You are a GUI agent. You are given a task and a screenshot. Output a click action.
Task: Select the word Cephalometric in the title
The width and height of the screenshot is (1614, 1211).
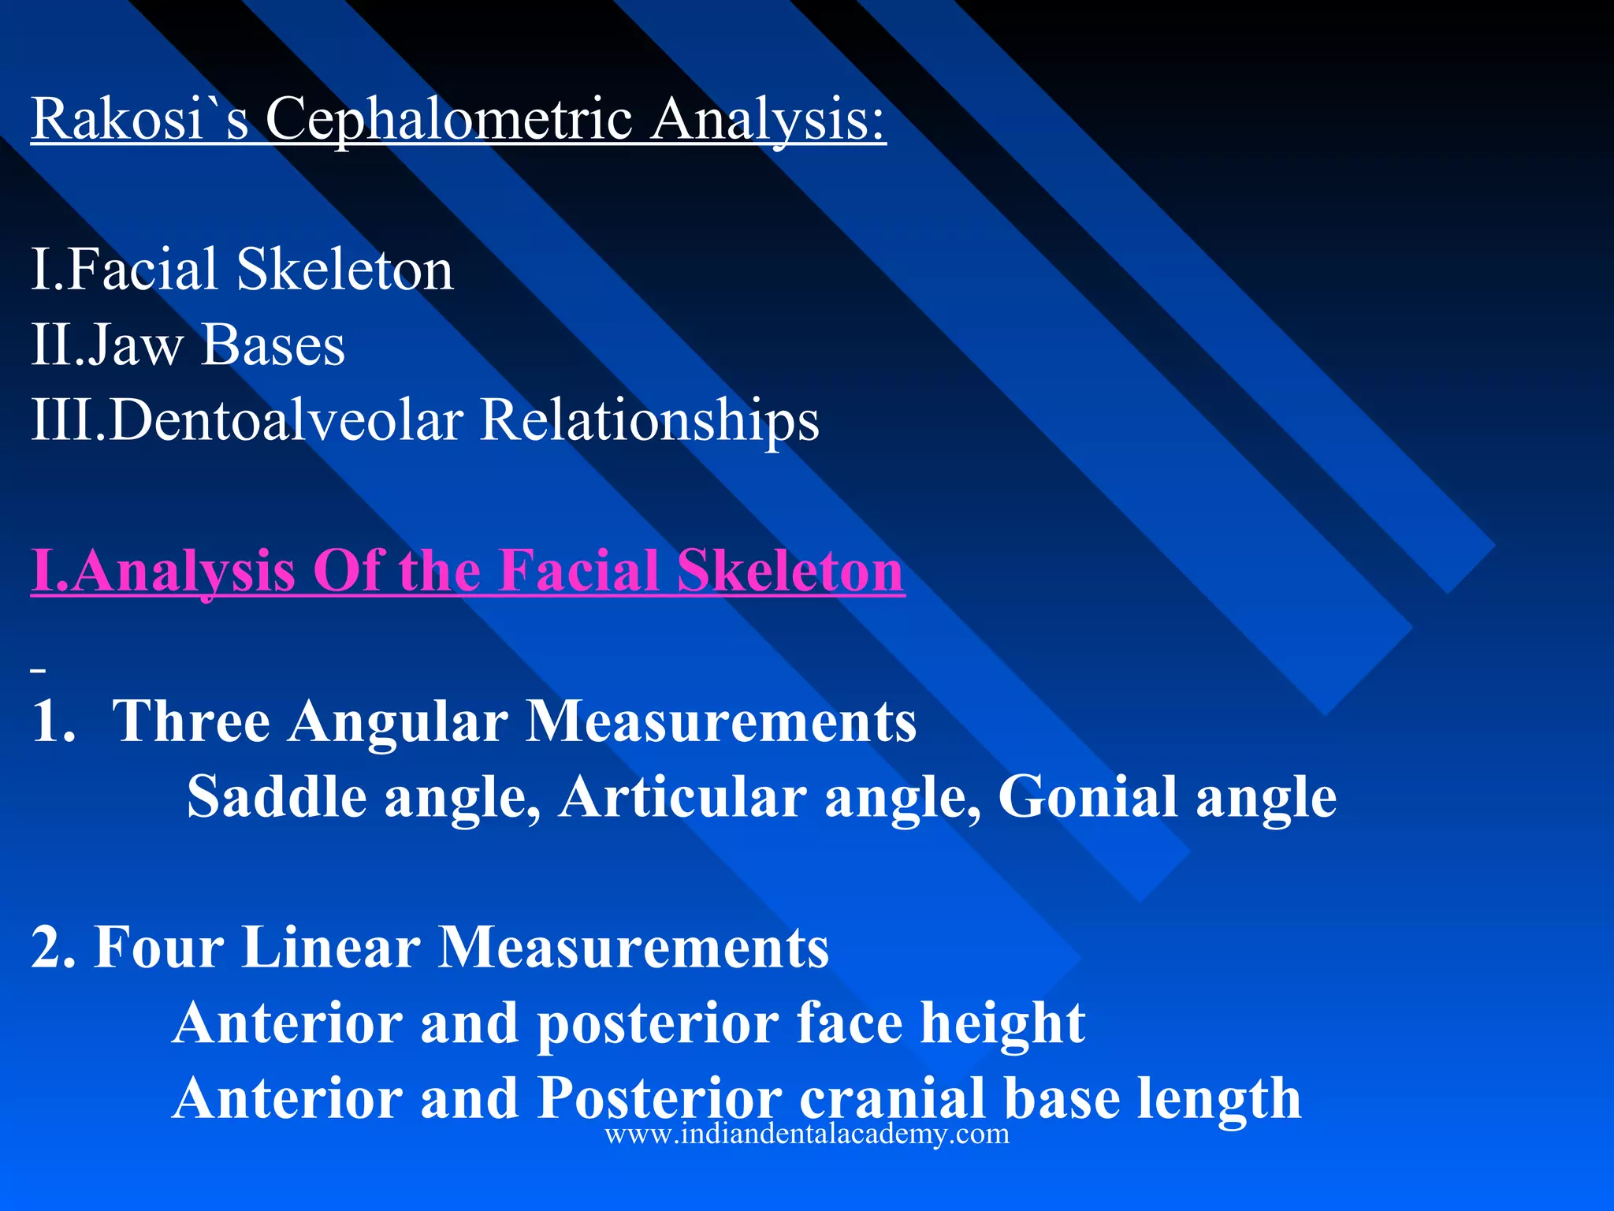[x=448, y=120]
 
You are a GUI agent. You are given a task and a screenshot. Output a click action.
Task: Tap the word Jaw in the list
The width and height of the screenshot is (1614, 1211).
[x=134, y=345]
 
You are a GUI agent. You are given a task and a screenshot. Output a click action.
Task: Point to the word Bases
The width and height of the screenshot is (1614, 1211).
[x=273, y=345]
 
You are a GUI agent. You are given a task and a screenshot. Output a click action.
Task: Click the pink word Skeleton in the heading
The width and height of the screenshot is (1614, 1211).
[x=790, y=570]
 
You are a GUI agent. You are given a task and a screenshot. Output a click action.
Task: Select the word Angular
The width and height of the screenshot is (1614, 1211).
[x=397, y=722]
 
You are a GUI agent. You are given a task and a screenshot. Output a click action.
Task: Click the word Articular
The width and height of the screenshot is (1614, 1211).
[x=682, y=796]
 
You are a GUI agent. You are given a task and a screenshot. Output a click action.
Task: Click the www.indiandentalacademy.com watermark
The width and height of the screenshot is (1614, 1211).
[x=807, y=1134]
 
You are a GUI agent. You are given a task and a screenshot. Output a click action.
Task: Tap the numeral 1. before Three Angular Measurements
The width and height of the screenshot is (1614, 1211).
[x=53, y=721]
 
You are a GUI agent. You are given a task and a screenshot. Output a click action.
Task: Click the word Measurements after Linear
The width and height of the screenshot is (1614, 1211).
[x=633, y=946]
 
